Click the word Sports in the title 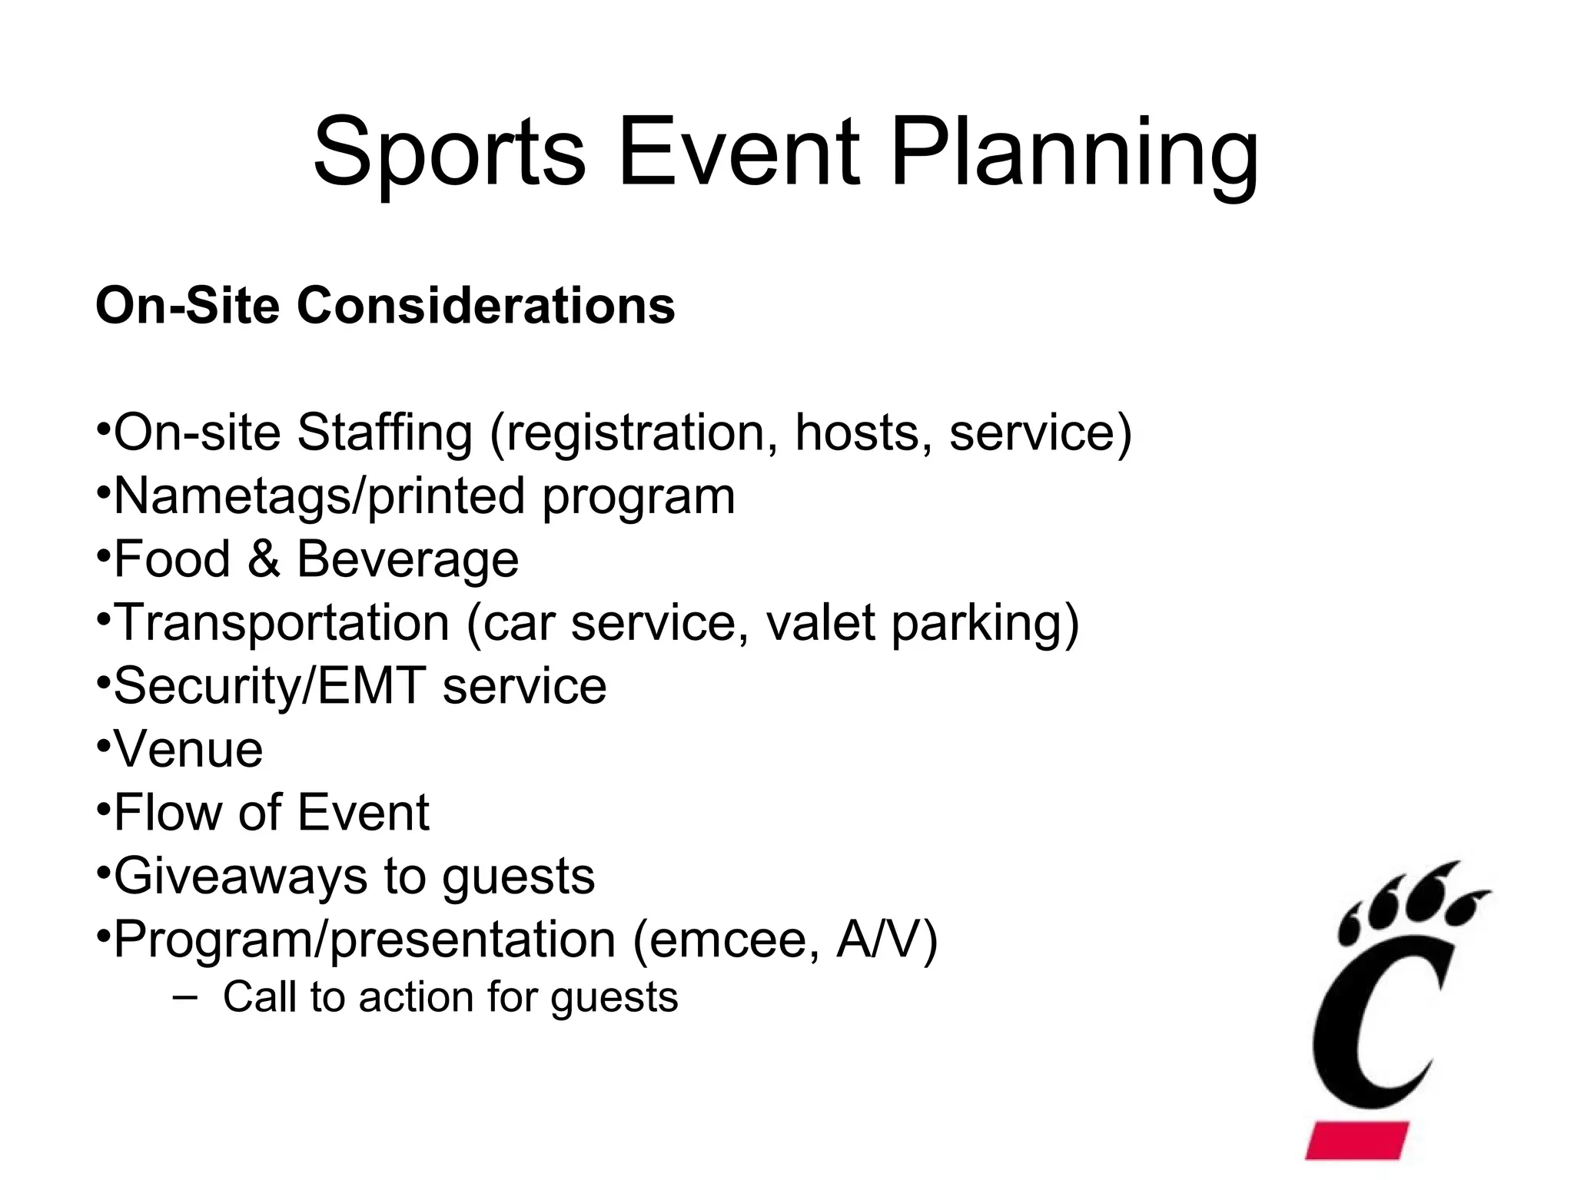449,154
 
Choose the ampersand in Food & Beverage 264,559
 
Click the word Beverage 407,560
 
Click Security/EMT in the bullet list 269,687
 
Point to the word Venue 188,749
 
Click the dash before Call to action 184,997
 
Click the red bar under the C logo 1356,1139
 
